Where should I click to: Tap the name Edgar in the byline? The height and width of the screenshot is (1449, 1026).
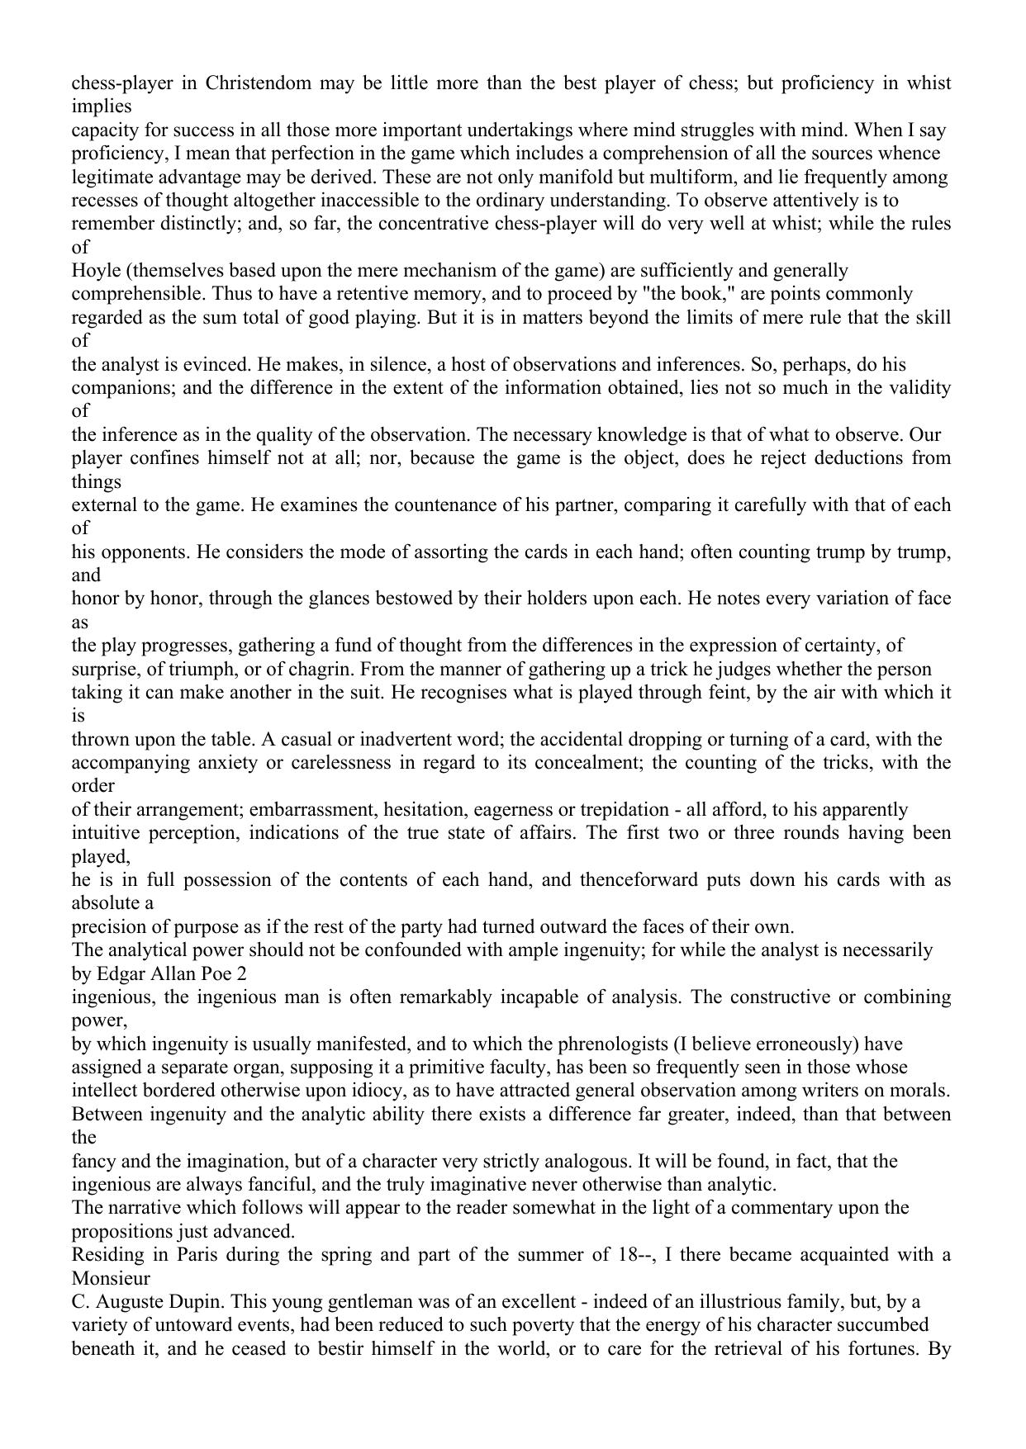click(119, 973)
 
